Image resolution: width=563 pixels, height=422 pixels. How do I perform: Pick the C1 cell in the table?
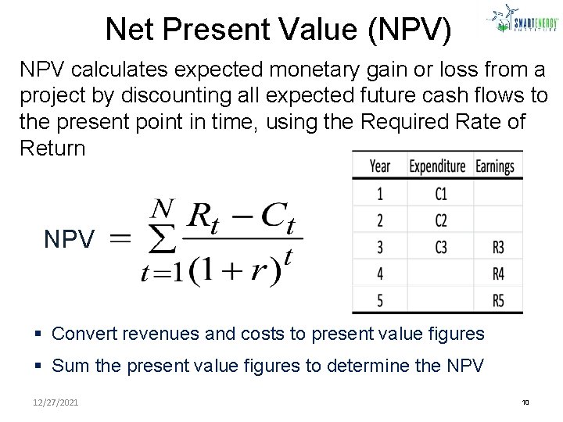click(441, 194)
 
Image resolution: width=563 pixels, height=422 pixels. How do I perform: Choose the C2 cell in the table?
click(441, 220)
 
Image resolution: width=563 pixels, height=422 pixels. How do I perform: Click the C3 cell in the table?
click(441, 248)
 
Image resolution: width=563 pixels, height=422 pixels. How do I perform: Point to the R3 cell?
click(498, 248)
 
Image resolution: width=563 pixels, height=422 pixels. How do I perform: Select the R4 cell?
click(498, 274)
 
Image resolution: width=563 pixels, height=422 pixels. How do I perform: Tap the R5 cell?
click(498, 301)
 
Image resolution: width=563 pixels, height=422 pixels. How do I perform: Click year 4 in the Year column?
click(380, 274)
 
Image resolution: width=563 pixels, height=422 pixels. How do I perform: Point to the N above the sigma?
click(162, 208)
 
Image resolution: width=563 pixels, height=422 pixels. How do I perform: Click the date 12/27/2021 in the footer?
click(55, 403)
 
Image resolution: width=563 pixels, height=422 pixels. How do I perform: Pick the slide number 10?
click(525, 403)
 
